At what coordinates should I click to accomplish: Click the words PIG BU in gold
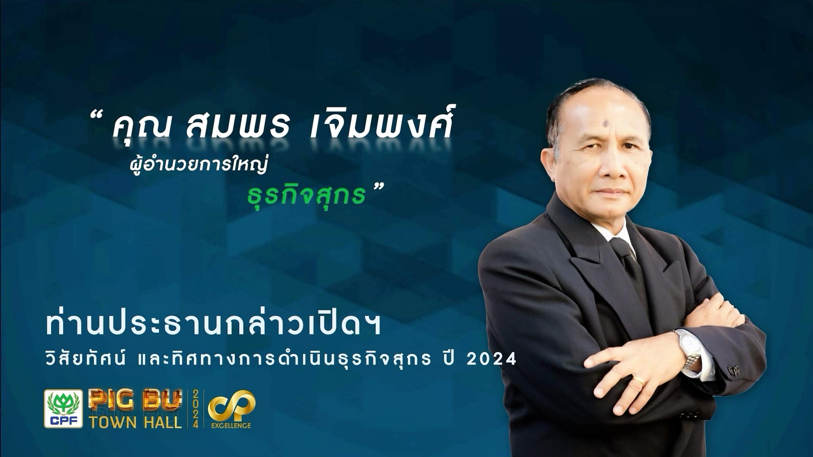point(135,400)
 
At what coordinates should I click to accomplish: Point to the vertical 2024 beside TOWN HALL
point(196,409)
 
